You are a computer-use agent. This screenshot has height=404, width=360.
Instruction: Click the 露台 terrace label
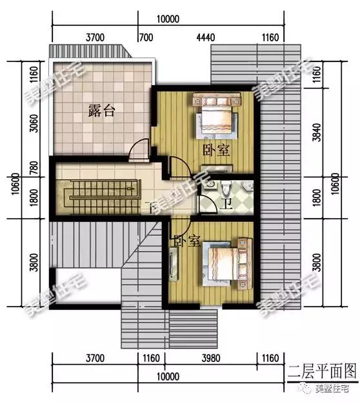[x=101, y=110]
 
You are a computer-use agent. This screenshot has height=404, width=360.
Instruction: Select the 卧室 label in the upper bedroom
[x=216, y=150]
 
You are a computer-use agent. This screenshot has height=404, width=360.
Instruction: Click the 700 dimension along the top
[x=145, y=39]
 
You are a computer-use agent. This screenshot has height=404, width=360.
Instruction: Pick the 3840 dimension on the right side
[x=315, y=134]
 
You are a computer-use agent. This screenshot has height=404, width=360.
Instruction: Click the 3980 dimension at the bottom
[x=211, y=357]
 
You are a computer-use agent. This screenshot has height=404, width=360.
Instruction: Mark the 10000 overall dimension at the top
[x=166, y=19]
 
